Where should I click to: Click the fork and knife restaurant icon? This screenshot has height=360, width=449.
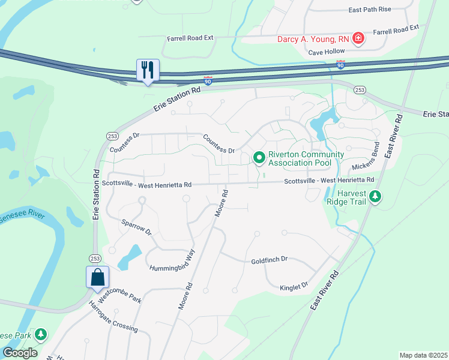tap(148, 70)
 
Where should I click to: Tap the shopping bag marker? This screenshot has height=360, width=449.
tap(97, 277)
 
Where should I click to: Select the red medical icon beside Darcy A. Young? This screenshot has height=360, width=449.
tap(358, 39)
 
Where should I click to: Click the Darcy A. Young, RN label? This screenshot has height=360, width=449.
tap(313, 39)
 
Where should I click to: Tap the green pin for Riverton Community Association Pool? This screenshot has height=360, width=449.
tap(259, 158)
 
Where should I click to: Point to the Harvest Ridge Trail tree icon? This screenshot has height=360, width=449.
tap(375, 196)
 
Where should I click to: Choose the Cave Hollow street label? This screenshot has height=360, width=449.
tap(327, 52)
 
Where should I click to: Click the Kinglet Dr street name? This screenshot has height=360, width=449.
tap(294, 287)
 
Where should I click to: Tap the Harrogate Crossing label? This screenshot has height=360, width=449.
tap(113, 317)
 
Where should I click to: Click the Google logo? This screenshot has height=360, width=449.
tap(20, 353)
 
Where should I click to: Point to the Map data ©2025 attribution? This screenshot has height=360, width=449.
tap(423, 355)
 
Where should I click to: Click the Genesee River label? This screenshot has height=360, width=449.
tap(19, 214)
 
